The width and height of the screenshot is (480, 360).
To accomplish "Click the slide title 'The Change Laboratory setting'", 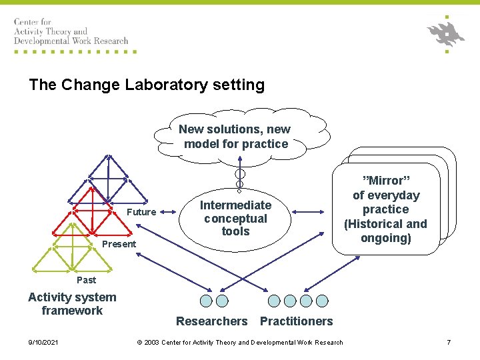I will point(147,85).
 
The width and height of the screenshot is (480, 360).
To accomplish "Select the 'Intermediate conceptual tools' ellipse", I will point(235,218).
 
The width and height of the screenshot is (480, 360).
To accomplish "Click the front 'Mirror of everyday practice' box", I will point(385,209).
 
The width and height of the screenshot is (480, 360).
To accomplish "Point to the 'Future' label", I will point(141,212).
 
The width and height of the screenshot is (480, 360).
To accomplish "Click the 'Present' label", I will point(119,244).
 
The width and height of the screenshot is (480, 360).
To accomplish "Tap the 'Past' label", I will point(86,280).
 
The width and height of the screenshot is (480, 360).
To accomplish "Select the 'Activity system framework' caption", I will point(72,304).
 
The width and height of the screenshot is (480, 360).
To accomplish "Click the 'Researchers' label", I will point(211,321).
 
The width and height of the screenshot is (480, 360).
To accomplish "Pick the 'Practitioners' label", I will point(296,321).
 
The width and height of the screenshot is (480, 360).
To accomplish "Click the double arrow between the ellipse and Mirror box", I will point(310,213).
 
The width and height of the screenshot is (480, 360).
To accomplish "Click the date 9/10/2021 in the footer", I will point(43,343).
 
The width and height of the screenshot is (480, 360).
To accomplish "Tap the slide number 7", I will point(449,343).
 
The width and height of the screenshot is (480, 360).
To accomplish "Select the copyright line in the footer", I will point(240,343).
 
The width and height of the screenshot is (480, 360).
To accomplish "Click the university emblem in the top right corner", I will point(445,33).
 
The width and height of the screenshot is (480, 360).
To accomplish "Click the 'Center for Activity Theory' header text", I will point(71,31).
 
